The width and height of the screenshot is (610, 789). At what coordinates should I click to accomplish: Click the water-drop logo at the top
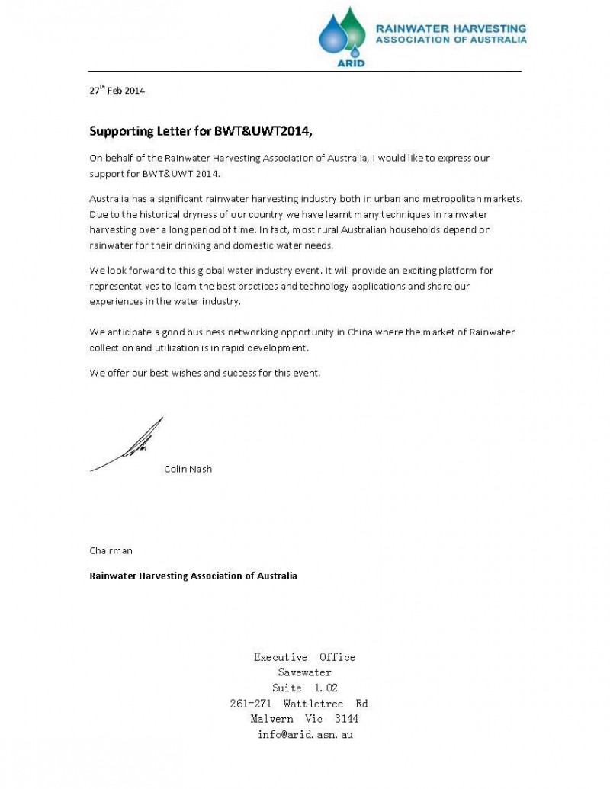point(342,33)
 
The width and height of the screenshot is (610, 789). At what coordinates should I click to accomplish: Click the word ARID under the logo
point(351,63)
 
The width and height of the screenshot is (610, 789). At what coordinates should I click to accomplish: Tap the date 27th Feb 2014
point(117,91)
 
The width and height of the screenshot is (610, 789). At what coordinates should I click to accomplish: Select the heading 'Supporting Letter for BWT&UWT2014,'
point(201,130)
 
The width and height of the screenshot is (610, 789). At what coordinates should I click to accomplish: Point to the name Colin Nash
point(188,469)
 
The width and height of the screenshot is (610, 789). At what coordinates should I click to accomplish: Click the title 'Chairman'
point(111,549)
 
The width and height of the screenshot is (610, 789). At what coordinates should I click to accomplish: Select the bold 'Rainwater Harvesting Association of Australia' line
point(193,575)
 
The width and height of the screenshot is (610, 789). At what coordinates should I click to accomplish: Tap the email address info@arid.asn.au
point(305,735)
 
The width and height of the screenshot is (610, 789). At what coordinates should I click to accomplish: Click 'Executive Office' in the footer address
point(304,657)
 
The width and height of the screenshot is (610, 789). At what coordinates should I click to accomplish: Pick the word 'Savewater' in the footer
point(304,672)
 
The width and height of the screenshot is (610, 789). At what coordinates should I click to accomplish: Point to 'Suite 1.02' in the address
point(304,688)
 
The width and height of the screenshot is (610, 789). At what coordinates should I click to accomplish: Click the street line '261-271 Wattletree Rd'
point(299,704)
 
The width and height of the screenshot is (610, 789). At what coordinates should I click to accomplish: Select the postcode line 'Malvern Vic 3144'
point(304,719)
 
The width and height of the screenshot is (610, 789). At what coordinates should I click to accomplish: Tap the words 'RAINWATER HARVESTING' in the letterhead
point(450,28)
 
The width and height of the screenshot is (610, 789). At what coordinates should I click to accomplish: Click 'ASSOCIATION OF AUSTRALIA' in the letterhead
point(450,40)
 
